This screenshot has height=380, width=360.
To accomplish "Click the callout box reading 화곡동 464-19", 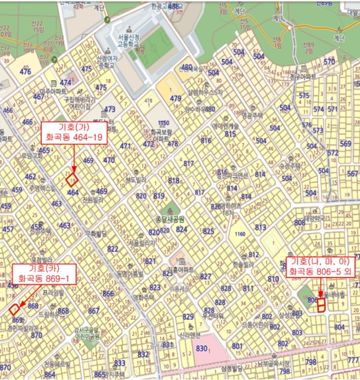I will point(74,132).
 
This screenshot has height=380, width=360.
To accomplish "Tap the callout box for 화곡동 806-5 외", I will point(322,265).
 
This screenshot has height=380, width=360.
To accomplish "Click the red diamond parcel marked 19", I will point(72,179).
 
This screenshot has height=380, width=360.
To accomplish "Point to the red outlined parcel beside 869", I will point(14,309).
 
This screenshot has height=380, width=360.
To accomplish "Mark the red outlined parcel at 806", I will point(320,305).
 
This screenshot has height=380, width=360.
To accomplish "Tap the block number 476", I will point(26,72).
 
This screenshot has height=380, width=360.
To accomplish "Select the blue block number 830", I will point(201,349).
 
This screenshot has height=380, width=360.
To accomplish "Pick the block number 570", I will point(330,62).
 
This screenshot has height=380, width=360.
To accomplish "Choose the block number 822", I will point(112,249).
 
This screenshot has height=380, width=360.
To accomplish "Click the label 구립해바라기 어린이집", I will point(80,103).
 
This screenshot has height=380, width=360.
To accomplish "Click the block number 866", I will point(109,294).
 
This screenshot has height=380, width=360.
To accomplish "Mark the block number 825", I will point(209,231).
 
